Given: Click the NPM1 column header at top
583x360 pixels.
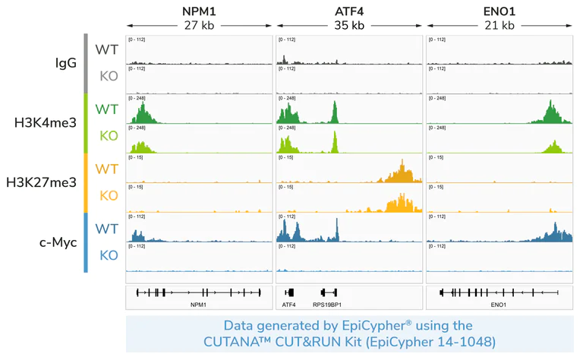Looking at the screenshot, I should [198, 11].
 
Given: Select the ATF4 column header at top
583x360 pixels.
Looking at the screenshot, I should [348, 11].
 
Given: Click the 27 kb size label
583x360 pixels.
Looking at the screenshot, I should [198, 25].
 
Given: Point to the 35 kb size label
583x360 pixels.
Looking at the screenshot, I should [348, 25].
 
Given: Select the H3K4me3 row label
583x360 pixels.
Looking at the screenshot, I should [46, 122].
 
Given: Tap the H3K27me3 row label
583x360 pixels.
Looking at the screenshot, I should [42, 182].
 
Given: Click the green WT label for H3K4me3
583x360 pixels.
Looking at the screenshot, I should [106, 109].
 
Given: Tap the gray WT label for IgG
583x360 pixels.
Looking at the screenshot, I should [106, 49].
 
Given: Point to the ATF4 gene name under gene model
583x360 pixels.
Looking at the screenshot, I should [288, 304].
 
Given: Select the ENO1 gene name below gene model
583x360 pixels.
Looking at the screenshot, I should [498, 304].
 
